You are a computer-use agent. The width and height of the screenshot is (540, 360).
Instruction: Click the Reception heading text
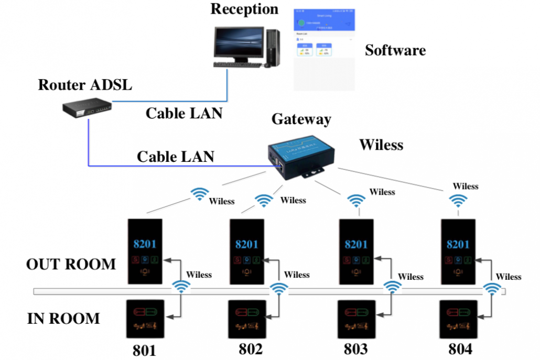[x=244, y=9]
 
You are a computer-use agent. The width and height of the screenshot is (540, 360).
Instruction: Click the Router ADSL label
[x=84, y=84]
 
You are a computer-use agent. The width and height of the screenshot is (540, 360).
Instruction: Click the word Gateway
[x=301, y=119]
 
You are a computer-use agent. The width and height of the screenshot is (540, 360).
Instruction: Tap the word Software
[x=395, y=50]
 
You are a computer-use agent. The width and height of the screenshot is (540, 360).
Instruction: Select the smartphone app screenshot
[x=323, y=49]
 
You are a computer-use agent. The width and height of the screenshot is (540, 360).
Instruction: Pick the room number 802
[x=251, y=349]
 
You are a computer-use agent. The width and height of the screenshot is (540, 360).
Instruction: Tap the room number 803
[x=357, y=349]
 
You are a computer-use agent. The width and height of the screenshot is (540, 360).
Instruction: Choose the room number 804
[x=460, y=349]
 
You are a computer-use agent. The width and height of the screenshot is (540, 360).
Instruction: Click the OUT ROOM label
[x=71, y=264]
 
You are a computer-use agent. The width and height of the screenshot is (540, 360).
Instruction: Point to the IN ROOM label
[x=63, y=318]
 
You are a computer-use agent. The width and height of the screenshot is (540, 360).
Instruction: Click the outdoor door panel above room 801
[x=146, y=252]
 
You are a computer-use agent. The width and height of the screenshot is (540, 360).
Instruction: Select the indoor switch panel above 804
[x=458, y=319]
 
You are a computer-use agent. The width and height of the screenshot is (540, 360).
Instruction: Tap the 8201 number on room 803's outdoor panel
[x=356, y=245]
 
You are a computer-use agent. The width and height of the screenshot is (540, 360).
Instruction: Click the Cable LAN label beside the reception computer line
[x=183, y=113]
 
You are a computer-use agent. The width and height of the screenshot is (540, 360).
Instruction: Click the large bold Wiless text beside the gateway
[x=381, y=145]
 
